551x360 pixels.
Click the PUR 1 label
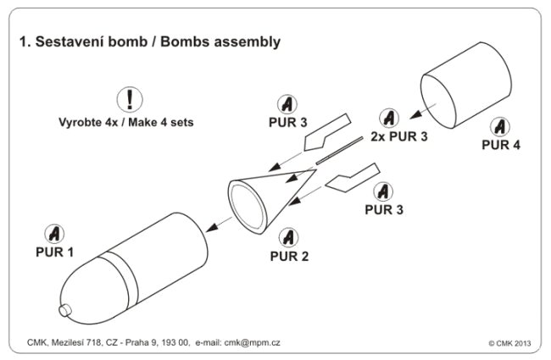tap(54, 252)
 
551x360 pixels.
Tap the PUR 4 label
tap(501, 144)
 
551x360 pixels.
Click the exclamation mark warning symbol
tap(134, 98)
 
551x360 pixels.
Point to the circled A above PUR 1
tap(53, 232)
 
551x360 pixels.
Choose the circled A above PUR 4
tap(501, 125)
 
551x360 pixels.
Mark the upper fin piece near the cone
tap(322, 126)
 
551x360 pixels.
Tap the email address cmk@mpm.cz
tap(275, 342)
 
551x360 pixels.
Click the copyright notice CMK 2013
tap(512, 343)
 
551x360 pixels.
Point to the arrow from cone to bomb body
tap(219, 221)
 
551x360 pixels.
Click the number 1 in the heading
tap(22, 42)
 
